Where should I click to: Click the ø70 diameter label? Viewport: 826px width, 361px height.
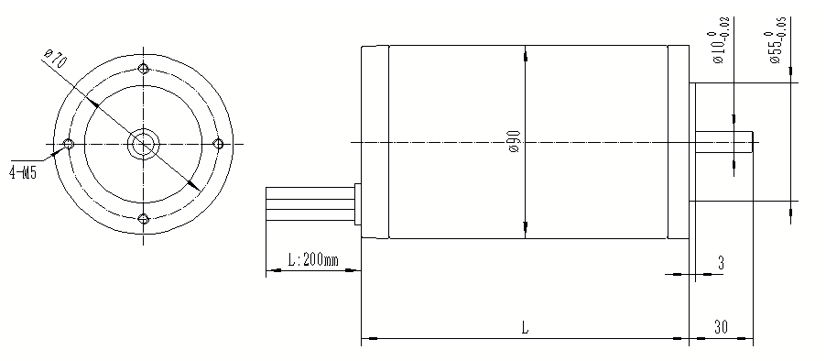click(x=56, y=62)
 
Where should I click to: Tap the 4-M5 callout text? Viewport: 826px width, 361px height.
click(x=22, y=171)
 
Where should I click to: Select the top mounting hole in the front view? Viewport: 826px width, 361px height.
click(x=143, y=70)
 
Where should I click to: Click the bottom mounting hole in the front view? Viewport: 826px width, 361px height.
click(x=143, y=218)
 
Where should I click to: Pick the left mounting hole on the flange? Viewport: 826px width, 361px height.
click(x=68, y=144)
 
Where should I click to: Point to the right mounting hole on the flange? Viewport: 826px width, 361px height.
click(x=218, y=144)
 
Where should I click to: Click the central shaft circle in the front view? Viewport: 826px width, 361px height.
click(x=143, y=144)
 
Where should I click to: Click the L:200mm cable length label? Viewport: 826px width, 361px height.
click(x=312, y=260)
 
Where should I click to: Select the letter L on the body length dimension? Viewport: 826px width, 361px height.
click(x=524, y=326)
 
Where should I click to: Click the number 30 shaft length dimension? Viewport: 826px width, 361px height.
click(x=721, y=326)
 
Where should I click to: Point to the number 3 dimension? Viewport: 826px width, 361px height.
click(x=721, y=263)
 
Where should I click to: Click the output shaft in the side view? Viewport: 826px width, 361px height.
click(x=723, y=142)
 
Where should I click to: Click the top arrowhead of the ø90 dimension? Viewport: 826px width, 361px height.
click(x=526, y=57)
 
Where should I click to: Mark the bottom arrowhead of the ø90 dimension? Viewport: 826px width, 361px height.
click(x=526, y=227)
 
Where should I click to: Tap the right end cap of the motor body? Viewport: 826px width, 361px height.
click(x=678, y=142)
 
